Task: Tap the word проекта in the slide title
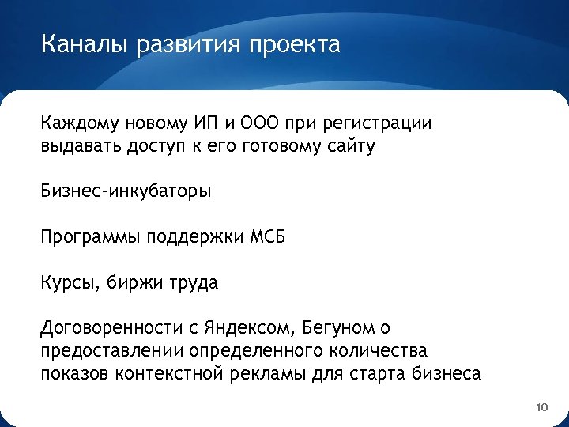(294, 45)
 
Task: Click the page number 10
(541, 407)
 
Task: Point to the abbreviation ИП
(202, 124)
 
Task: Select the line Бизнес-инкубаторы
(126, 191)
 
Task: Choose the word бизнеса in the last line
(444, 373)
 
